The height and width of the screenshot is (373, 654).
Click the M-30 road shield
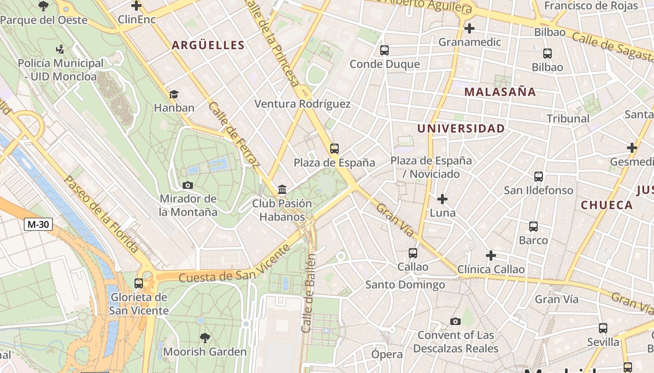coord(38,224)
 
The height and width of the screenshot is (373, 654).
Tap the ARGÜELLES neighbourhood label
coord(208,45)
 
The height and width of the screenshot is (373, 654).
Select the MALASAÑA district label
coord(500,92)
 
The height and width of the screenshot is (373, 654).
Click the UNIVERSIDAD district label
coord(461,129)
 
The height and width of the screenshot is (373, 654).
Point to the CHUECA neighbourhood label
coord(606,205)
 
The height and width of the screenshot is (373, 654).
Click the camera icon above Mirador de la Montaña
coord(188,185)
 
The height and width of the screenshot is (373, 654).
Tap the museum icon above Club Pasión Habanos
coord(282,189)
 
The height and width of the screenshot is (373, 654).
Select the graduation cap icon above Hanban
coord(174,94)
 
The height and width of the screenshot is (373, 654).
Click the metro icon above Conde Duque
coord(384,50)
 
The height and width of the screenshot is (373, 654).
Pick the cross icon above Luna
coord(442,200)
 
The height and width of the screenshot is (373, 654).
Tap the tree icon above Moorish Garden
coord(205,338)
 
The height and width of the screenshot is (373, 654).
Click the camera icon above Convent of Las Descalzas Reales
coord(455,321)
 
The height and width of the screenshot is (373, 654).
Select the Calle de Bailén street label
coord(309,292)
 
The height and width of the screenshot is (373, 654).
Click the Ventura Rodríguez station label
coord(302,104)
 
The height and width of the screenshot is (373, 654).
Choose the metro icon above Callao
coord(412,253)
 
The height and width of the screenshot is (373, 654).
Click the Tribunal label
coord(568,118)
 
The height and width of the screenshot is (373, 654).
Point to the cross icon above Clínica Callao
coord(490,256)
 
